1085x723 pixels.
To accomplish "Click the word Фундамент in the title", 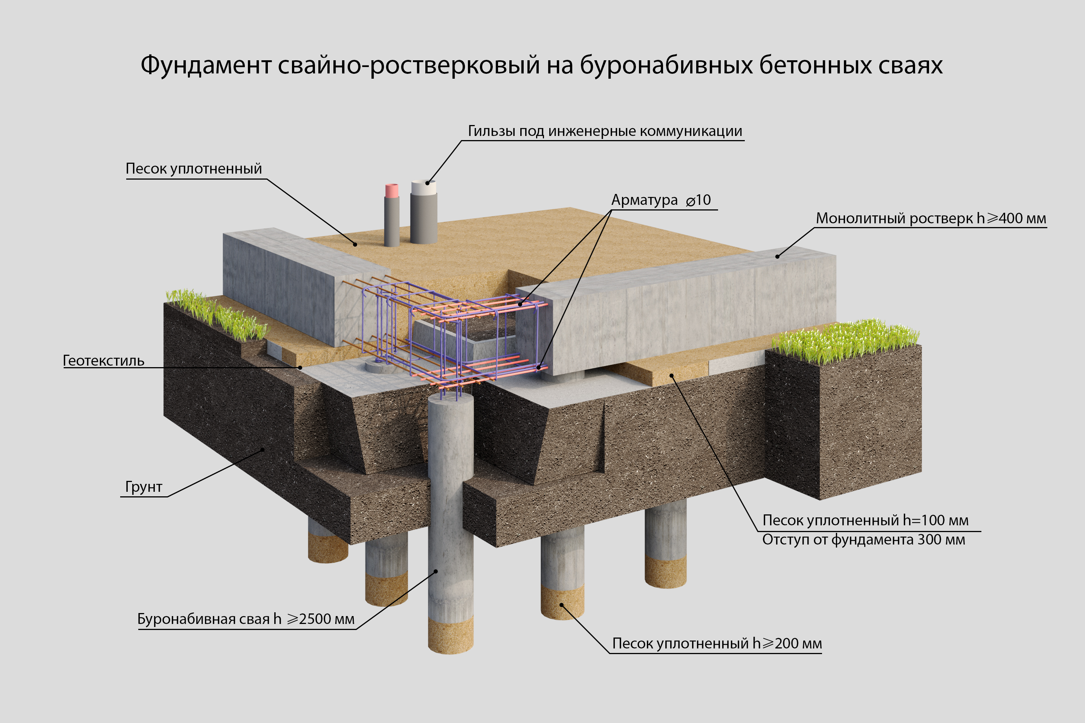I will [x=206, y=65].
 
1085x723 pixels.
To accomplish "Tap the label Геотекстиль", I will [x=103, y=361].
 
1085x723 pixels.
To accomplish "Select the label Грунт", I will [x=144, y=487].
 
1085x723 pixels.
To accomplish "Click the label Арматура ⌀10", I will [x=660, y=200].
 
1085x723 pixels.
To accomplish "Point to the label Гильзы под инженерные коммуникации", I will [x=605, y=131].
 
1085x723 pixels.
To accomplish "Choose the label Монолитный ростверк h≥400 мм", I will [x=931, y=218].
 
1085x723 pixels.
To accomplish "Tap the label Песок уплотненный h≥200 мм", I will [x=717, y=643].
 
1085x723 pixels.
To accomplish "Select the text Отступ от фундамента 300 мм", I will [x=863, y=540].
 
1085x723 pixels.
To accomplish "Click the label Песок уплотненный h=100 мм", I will [x=865, y=520].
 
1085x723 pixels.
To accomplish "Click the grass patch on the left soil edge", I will [x=217, y=314].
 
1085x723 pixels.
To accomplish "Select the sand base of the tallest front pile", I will [x=451, y=635].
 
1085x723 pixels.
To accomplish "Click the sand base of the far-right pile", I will [x=665, y=572].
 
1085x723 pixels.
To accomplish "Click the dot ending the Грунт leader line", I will [x=263, y=449].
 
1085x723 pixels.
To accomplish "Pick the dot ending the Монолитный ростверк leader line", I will [x=777, y=256].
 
